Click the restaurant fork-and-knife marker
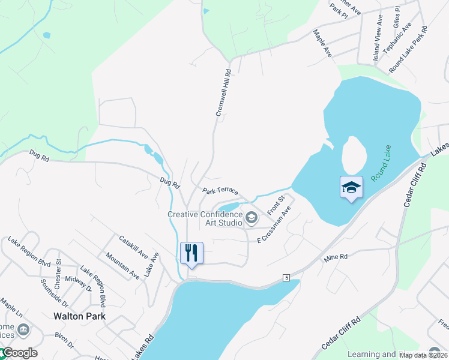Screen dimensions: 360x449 [x=191, y=253]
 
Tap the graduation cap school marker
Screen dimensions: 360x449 [x=351, y=188]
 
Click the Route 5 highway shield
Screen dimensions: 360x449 [x=287, y=277]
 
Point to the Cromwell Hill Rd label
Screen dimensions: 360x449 [x=223, y=92]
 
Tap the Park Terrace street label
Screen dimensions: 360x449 [x=220, y=191]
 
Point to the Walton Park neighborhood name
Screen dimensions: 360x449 [x=79, y=316]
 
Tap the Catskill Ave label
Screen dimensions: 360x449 [x=133, y=247]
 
